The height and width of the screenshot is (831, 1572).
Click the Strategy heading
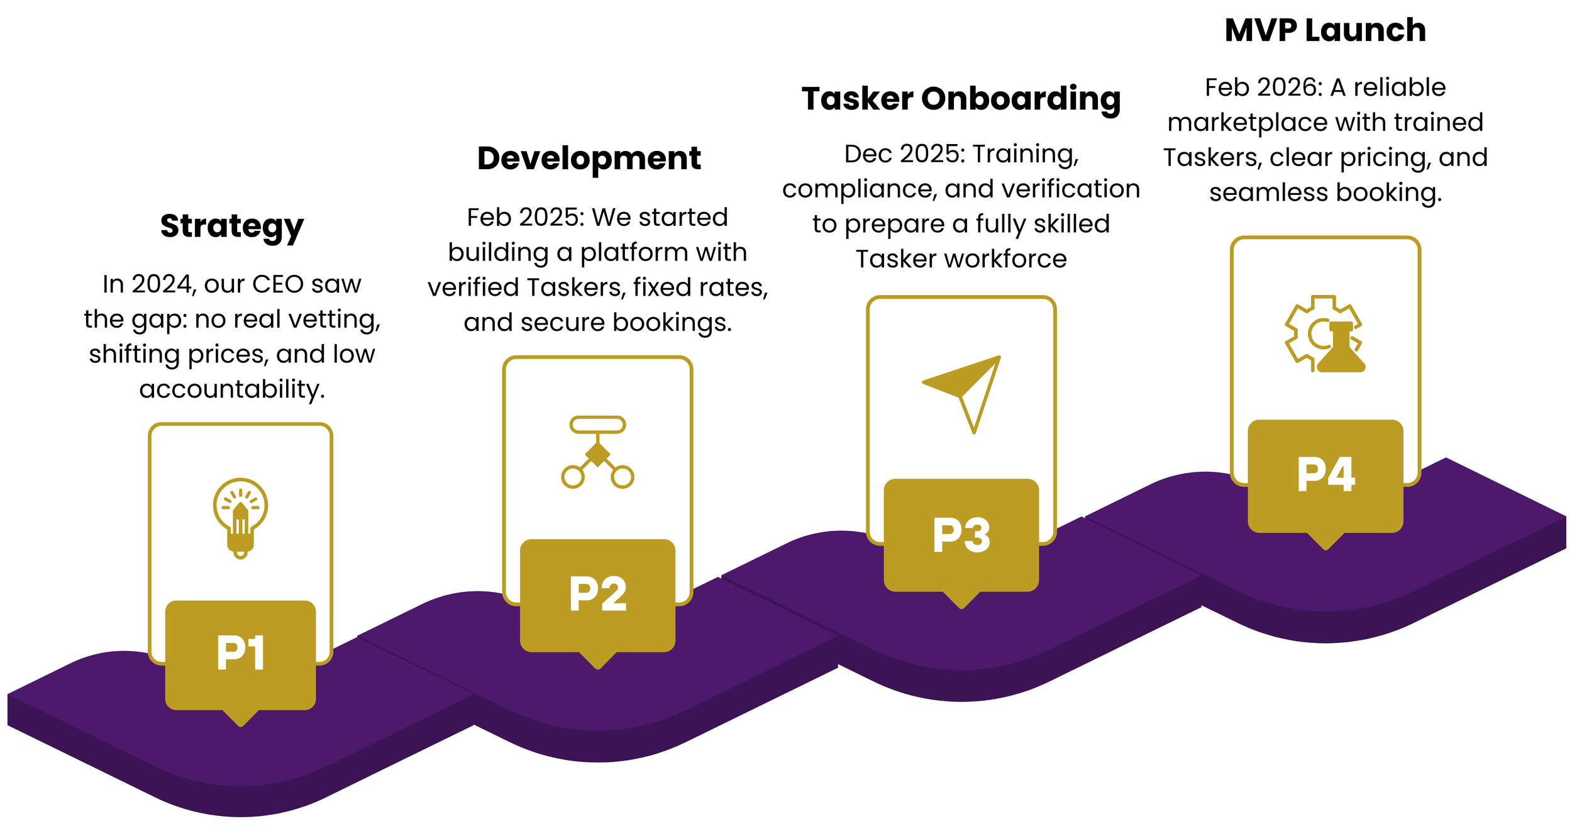tap(232, 226)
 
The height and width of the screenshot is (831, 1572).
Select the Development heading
tap(589, 159)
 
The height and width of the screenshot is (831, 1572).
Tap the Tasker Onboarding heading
tap(961, 99)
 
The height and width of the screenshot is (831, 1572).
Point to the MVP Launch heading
tap(1325, 31)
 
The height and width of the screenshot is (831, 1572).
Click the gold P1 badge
tap(240, 654)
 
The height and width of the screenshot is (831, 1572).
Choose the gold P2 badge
tap(597, 594)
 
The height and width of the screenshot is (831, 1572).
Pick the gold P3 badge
tap(961, 535)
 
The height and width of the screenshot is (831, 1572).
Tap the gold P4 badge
tap(1325, 475)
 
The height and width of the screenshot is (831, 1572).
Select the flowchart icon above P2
tap(597, 452)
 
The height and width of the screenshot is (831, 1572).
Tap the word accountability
tap(231, 389)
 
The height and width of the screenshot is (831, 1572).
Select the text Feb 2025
tap(526, 218)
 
